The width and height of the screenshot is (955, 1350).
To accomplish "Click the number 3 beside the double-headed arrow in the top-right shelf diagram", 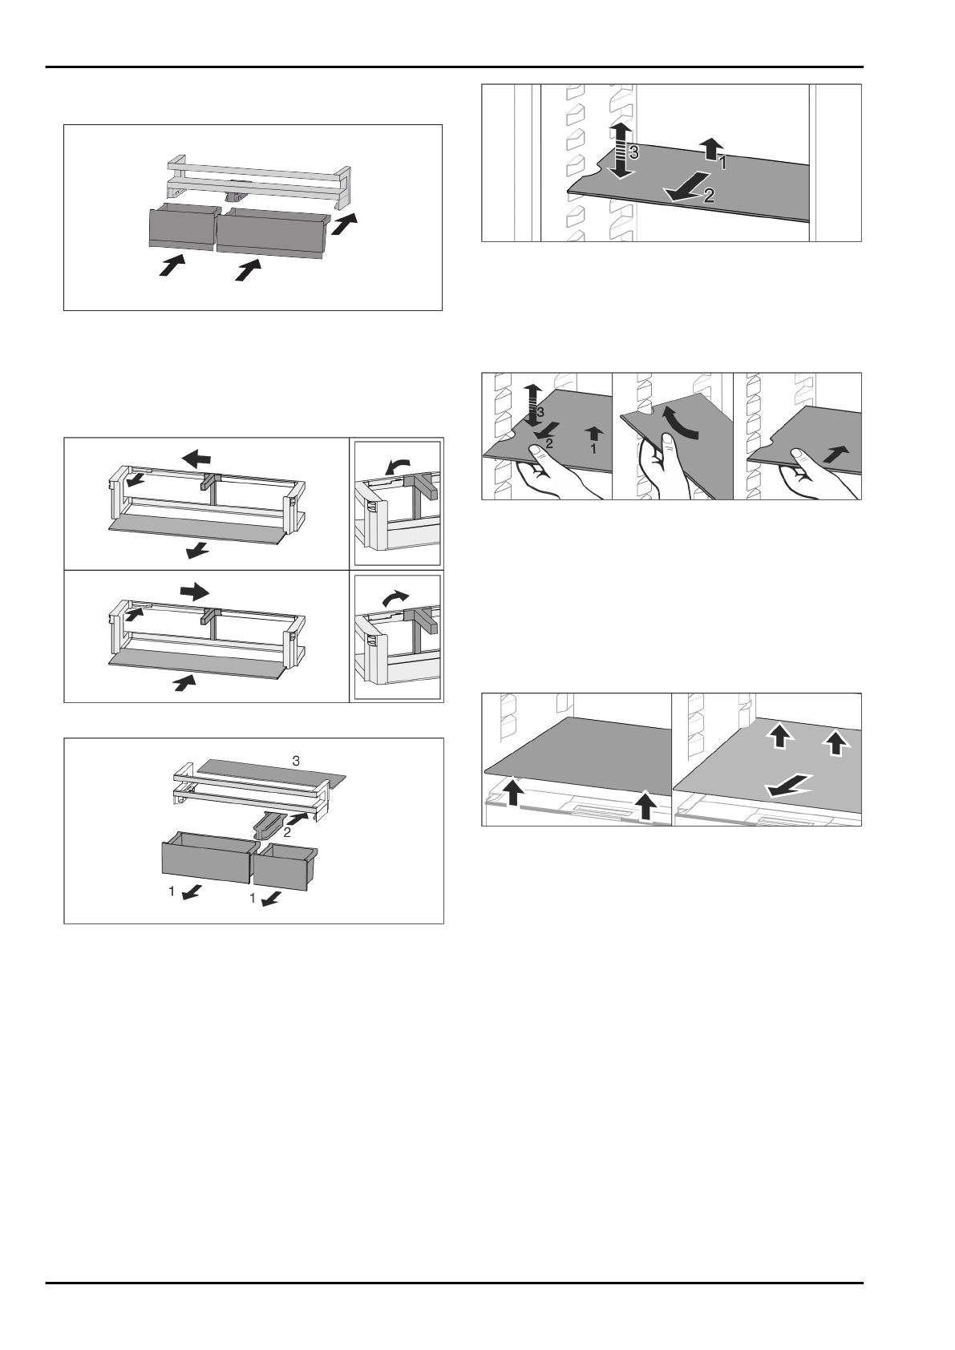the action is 633,155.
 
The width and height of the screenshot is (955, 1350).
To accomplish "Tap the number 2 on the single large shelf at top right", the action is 710,195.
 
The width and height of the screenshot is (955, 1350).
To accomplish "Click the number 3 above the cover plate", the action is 296,760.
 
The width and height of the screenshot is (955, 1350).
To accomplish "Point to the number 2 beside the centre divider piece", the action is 287,832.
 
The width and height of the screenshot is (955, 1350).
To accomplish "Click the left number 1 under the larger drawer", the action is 172,890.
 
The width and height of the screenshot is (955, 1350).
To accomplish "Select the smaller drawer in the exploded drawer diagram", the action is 285,865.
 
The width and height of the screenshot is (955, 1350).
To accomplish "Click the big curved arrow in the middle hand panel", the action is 680,422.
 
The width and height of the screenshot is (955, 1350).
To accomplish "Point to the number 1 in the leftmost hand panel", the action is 593,450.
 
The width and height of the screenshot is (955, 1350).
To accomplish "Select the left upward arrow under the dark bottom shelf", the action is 515,796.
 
